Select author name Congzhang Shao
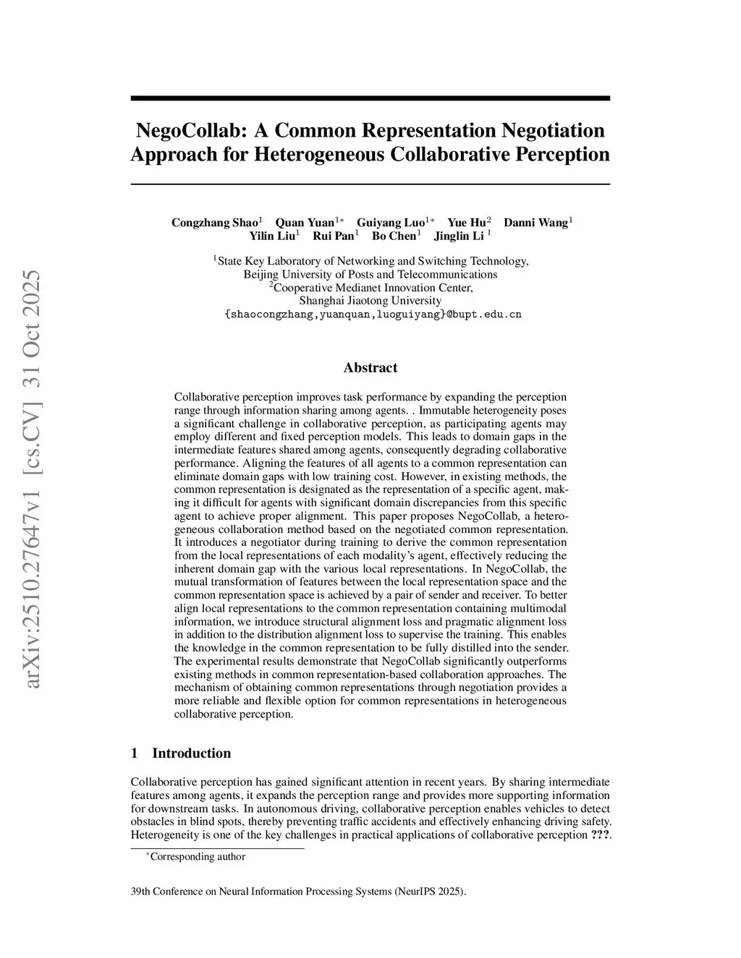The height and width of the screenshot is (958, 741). point(215,223)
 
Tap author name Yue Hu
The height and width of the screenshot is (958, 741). point(467,223)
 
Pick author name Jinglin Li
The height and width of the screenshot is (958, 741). point(459,236)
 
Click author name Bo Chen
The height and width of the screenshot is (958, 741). point(394,236)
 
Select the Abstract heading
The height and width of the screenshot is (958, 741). point(370,368)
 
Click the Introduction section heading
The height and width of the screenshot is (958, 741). point(191,753)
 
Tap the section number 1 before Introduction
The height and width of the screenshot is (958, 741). point(134,753)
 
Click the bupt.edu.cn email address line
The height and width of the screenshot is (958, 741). point(370,315)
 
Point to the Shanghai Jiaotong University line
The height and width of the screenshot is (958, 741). point(370,301)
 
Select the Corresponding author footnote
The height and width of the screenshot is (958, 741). point(197,857)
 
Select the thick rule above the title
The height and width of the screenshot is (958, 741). point(370,98)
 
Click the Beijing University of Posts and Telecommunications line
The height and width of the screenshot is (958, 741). point(370,274)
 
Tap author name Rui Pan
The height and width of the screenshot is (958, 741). point(334,236)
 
